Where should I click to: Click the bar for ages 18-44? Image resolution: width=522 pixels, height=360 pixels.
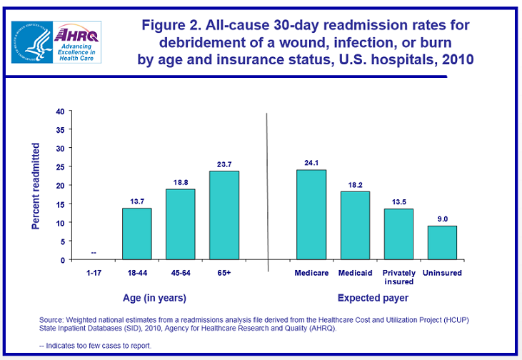(136, 234)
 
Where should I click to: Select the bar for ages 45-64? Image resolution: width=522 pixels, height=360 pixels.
(180, 224)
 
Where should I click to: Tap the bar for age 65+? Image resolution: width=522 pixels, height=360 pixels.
(224, 215)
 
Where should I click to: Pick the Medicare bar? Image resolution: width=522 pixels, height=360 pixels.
(311, 214)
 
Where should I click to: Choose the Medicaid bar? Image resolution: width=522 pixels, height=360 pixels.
(355, 225)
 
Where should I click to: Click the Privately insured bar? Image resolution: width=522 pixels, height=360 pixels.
(398, 234)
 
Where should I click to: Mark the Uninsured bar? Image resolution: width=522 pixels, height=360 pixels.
(442, 242)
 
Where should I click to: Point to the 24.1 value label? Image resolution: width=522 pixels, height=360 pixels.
(311, 162)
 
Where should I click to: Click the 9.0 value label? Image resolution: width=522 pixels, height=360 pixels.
(442, 219)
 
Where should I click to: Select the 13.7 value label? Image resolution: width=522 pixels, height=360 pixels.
(136, 201)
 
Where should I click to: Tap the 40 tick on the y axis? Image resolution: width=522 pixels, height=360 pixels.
(60, 111)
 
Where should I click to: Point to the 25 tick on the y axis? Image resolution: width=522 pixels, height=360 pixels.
(60, 167)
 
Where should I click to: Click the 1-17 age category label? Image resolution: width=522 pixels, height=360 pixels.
(93, 273)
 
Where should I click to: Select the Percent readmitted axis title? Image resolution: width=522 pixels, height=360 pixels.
(36, 186)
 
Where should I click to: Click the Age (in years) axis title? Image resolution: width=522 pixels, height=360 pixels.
(156, 298)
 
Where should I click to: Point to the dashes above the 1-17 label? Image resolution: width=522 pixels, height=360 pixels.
(94, 253)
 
